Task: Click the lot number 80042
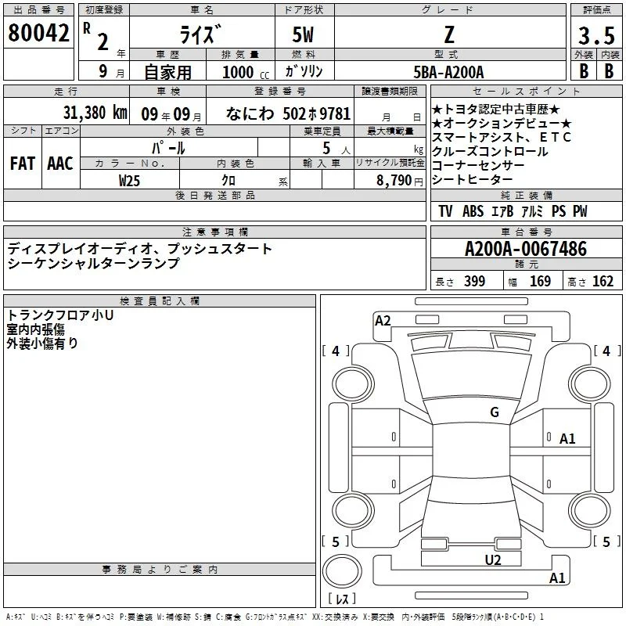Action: [x=38, y=33]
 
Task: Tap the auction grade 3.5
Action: [x=596, y=35]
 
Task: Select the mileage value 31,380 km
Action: [x=95, y=113]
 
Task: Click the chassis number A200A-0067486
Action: [x=526, y=249]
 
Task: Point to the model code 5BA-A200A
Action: [x=448, y=72]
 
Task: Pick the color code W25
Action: [x=129, y=181]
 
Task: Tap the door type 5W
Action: [x=303, y=34]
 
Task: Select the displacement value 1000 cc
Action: [x=246, y=72]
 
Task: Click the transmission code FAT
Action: [x=23, y=164]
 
